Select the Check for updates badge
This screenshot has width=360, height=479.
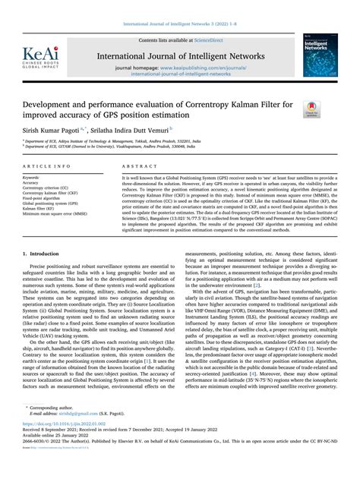point(311,110)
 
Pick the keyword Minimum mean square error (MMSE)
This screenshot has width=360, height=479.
point(55,214)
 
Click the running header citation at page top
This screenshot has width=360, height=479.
point(179,6)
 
